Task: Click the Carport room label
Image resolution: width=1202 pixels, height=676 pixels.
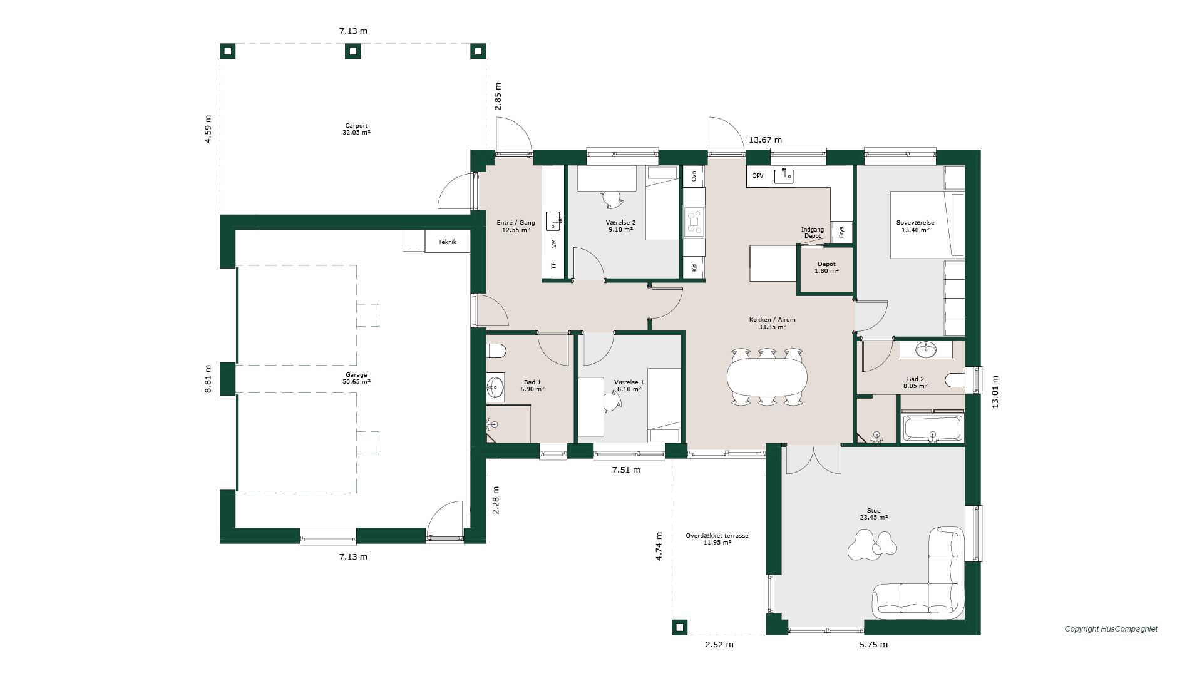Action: tap(356, 129)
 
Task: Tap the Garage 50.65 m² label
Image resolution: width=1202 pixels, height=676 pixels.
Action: tap(356, 378)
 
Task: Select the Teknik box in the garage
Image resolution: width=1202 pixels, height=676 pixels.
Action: tap(447, 242)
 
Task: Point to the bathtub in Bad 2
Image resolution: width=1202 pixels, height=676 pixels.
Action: tap(933, 428)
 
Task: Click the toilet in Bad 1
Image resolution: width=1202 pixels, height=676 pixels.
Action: tap(496, 351)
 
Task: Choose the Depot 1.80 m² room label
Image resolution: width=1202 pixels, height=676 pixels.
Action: tap(826, 267)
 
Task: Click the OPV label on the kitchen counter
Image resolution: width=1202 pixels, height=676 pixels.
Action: tap(758, 176)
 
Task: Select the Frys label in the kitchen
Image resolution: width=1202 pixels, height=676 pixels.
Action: tap(841, 232)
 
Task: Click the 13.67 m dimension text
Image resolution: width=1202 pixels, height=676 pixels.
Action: tap(765, 140)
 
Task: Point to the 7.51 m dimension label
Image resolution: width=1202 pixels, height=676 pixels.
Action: tap(626, 470)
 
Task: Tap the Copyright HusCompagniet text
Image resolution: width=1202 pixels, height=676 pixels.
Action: tap(1111, 629)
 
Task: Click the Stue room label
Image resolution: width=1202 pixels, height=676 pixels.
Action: tap(873, 514)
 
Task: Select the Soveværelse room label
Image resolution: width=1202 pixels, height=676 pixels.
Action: tap(915, 226)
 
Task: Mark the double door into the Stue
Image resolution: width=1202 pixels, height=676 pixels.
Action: tap(814, 459)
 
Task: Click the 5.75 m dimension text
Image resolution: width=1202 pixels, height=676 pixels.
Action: tap(873, 645)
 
